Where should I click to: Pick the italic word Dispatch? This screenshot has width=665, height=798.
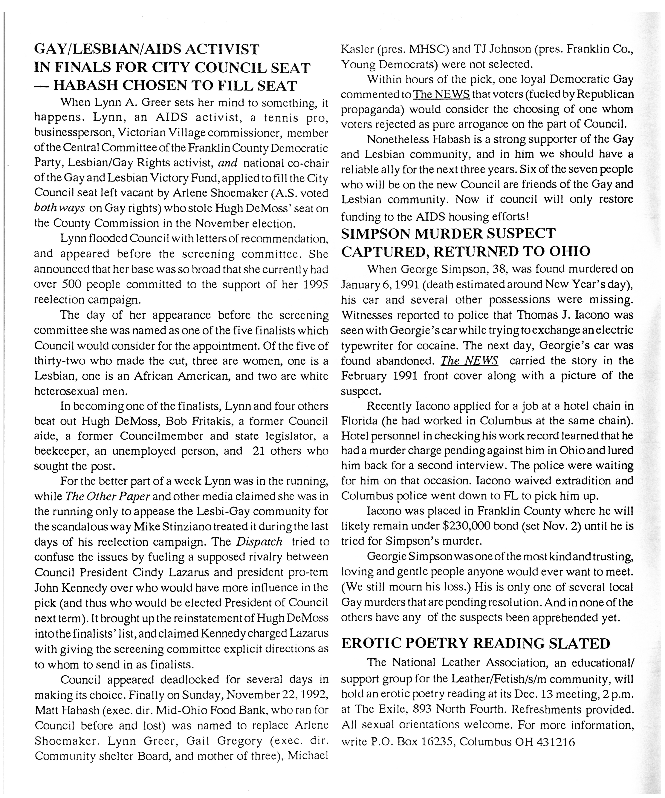tap(259, 541)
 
